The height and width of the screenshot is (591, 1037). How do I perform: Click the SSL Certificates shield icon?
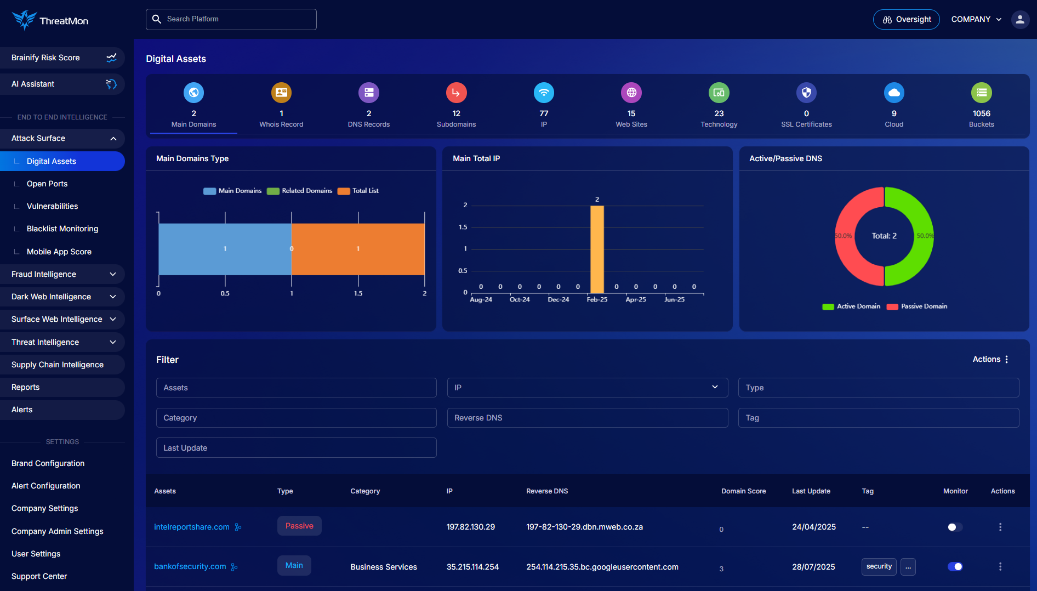click(x=806, y=93)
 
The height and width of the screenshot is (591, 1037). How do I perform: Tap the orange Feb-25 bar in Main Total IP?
click(x=597, y=249)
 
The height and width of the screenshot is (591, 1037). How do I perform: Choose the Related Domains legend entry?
click(x=300, y=191)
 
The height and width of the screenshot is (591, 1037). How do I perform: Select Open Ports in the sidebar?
click(x=47, y=184)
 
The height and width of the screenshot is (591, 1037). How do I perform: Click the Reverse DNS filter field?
click(x=587, y=418)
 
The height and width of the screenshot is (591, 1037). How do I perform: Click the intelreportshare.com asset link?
click(x=192, y=527)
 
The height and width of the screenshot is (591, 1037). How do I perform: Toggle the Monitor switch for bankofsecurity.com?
click(x=955, y=567)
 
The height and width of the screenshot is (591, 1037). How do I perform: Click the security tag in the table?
click(x=879, y=566)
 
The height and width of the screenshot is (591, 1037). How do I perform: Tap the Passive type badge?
click(x=299, y=526)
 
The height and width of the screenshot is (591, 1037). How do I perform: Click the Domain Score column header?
click(x=743, y=491)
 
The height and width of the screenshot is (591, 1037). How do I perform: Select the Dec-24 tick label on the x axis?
click(x=558, y=300)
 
